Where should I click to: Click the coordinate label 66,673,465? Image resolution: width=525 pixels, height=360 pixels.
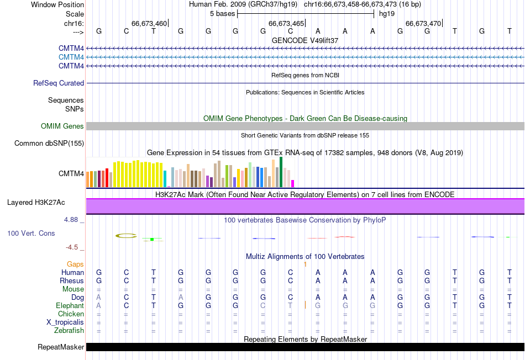(x=286, y=23)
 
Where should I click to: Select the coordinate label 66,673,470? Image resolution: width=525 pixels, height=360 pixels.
(x=423, y=23)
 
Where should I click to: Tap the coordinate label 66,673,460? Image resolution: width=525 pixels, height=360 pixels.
(x=149, y=23)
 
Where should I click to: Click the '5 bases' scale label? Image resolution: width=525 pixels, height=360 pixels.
(x=223, y=13)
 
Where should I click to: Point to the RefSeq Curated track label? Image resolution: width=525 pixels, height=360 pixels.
(x=59, y=83)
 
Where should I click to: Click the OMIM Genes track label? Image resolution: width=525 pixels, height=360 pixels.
(x=62, y=126)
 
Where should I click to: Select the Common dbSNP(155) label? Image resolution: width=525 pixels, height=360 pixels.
(x=49, y=144)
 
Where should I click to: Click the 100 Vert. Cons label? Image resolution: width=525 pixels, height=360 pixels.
(x=31, y=234)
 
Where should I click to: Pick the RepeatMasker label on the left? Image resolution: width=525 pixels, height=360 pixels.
(x=61, y=347)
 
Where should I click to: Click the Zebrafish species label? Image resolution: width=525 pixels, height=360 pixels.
(x=69, y=331)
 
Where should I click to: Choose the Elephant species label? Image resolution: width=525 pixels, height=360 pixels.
(x=70, y=306)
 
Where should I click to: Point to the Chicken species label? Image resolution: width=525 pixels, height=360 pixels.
(x=71, y=314)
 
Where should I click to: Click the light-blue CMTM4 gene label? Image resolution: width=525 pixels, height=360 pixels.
(x=71, y=57)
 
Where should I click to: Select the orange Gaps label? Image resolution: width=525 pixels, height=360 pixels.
(x=75, y=264)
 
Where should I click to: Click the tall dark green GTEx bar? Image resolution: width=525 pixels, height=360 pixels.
(x=281, y=172)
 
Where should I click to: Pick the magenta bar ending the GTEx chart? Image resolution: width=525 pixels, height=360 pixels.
(x=293, y=183)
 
